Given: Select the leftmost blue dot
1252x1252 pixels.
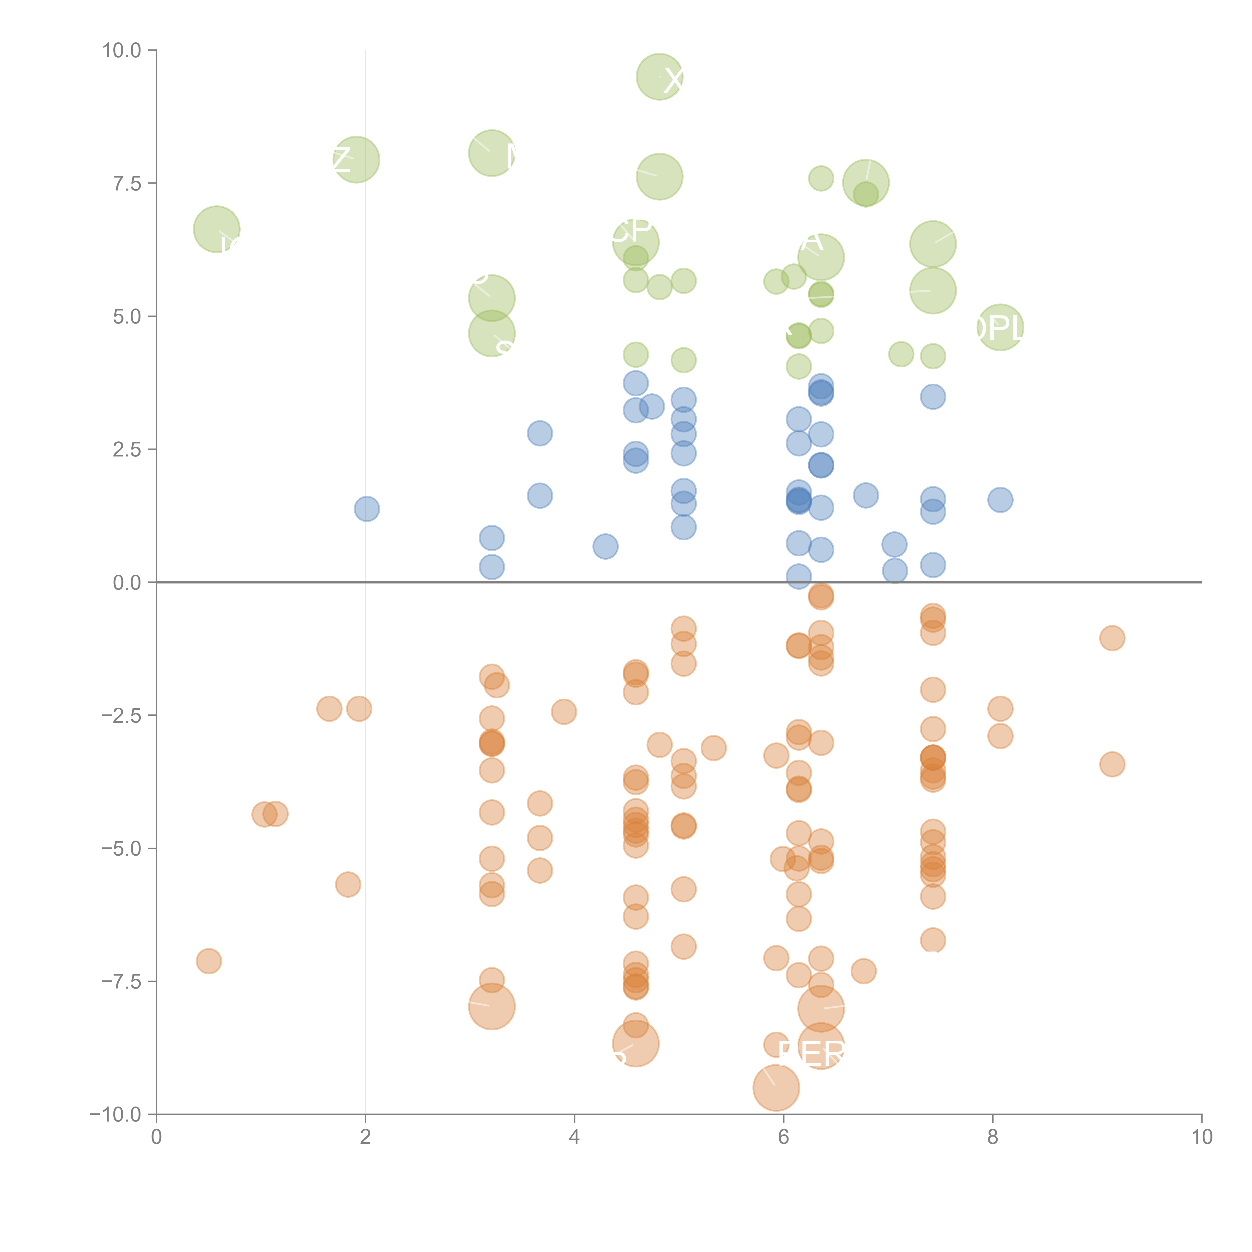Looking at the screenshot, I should coord(367,509).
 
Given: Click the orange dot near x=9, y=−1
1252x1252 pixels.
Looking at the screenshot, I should coord(1112,638).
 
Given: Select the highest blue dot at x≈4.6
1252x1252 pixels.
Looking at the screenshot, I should coord(636,383).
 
